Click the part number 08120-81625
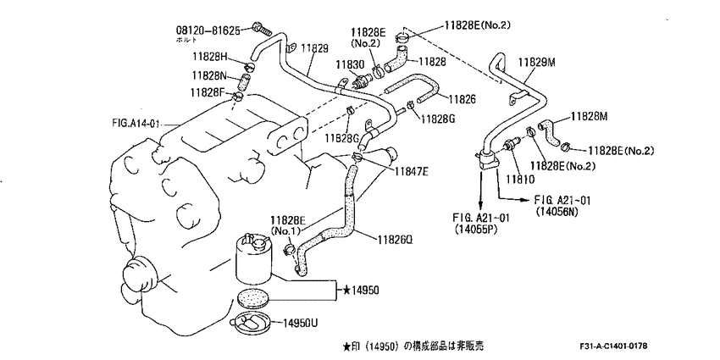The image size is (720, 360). coord(214,30)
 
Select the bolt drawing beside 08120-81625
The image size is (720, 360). coord(263,30)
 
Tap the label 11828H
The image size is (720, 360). coord(210,57)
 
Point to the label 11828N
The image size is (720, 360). coord(210,75)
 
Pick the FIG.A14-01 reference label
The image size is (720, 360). coord(136,124)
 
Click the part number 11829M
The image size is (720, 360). coord(537,63)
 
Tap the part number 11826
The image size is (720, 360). coord(462,99)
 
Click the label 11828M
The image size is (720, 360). coord(590,117)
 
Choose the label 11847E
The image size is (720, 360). coord(410,172)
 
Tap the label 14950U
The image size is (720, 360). coord(298,324)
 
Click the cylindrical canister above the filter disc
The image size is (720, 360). coord(253,261)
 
